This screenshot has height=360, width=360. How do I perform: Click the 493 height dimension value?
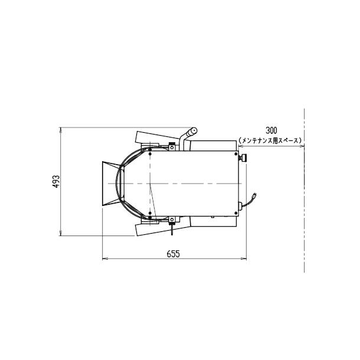click(56, 182)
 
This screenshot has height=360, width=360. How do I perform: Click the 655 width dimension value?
click(174, 254)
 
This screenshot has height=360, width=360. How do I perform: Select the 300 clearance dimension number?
click(271, 130)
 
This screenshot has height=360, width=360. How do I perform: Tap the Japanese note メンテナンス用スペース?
click(270, 140)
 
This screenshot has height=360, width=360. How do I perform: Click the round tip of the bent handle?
click(194, 131)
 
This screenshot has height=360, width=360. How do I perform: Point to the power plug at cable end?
click(254, 197)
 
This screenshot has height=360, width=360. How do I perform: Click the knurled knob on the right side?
click(243, 158)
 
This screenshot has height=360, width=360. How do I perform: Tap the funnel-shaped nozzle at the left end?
click(111, 184)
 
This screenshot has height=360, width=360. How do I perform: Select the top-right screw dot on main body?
click(236, 154)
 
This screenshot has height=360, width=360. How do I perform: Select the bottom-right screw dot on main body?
click(236, 213)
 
